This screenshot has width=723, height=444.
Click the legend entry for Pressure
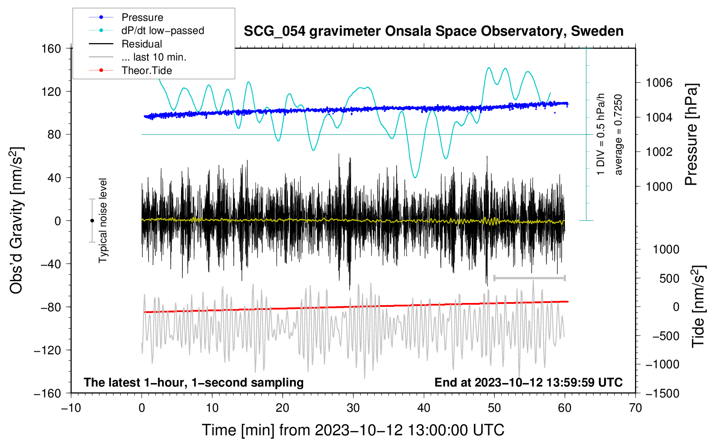point(142,17)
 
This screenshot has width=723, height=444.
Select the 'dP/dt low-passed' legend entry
point(162,30)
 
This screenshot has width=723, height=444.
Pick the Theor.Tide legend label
point(146,71)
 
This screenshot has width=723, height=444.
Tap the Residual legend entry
point(142,44)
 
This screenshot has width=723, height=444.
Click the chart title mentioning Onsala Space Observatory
point(433,31)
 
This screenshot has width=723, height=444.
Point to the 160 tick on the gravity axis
point(51,48)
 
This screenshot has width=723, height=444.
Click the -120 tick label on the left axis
point(47,350)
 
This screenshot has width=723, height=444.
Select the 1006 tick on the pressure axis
point(659,83)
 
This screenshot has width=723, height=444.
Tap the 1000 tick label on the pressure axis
point(659,186)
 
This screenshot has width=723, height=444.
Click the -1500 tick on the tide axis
point(662,393)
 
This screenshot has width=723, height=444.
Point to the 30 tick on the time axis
point(353,408)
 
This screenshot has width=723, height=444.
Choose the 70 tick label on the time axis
point(635,408)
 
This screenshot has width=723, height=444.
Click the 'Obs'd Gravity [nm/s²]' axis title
point(17,221)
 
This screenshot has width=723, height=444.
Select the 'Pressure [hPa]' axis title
point(691,135)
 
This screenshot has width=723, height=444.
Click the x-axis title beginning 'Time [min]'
point(353,430)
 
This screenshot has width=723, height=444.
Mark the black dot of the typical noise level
point(92,221)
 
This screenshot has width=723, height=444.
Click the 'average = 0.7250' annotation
point(618,135)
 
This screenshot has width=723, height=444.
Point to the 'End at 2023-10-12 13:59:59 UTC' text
point(528,383)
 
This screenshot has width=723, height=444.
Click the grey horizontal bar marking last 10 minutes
point(529,278)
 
